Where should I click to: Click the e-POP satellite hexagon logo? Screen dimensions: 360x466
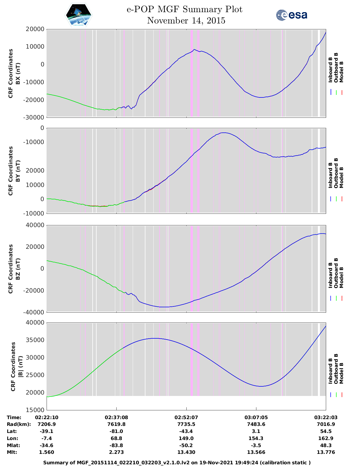(78, 15)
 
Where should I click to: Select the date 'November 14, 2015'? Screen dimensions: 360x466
(186, 21)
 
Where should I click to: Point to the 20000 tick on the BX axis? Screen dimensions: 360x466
(35, 29)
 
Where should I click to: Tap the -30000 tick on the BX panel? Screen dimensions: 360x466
(33, 117)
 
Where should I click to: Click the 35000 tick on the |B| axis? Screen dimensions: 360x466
(35, 340)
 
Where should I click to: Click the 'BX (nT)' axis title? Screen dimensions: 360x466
(18, 73)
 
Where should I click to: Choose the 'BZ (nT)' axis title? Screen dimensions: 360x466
(18, 269)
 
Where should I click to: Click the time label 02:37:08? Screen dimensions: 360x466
(116, 417)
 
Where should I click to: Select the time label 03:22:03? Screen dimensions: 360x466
(326, 417)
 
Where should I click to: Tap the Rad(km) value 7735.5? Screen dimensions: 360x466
(186, 424)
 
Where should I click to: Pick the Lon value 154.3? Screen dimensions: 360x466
(256, 438)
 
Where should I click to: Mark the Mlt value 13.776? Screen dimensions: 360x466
(326, 452)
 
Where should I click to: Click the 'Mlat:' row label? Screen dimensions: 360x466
(14, 445)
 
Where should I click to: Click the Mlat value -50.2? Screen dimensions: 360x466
(186, 445)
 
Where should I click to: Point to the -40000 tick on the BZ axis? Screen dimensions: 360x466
(33, 312)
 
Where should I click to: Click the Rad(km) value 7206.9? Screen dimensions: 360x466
(47, 424)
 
